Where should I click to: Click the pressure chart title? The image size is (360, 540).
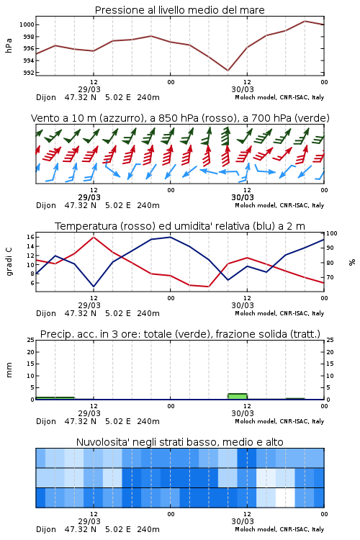point(179,10)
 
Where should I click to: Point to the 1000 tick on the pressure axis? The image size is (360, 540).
point(27,24)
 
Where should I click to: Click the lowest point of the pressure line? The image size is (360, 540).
point(228,71)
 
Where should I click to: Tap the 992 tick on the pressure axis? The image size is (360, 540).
point(28,73)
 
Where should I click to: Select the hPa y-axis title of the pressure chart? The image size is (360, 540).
point(9,45)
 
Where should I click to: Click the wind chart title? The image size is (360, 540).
point(180,118)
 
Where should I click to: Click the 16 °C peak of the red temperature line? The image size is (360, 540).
point(94,237)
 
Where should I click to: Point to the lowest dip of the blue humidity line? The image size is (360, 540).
point(94,286)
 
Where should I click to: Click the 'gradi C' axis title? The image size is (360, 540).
point(9,261)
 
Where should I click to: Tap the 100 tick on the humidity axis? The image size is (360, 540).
point(332,233)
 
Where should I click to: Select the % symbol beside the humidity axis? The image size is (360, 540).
point(352,262)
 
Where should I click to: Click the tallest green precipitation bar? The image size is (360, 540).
point(238,397)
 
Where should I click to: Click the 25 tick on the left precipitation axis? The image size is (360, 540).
point(31,340)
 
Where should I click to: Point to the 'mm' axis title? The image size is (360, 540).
point(9,370)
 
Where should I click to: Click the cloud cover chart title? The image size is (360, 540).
point(180,442)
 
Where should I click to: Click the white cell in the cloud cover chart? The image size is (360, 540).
point(285,498)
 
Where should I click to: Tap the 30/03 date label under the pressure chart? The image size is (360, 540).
point(243,89)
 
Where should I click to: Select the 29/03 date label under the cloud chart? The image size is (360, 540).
point(89,521)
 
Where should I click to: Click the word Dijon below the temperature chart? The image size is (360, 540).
point(46,313)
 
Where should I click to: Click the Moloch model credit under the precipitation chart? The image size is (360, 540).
point(279,421)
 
